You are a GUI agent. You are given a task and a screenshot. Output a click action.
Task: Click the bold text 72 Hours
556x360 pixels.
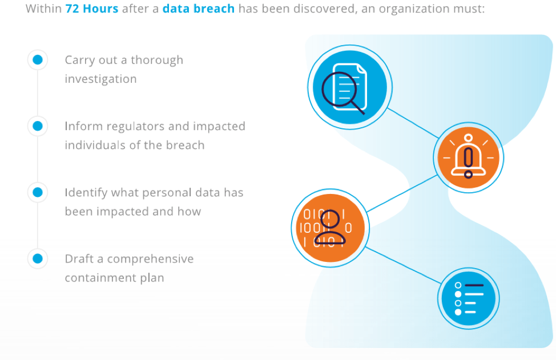click(91, 10)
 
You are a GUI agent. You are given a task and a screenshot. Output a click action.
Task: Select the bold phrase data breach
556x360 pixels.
click(198, 10)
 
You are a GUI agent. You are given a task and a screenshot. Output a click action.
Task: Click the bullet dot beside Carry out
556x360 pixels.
click(38, 60)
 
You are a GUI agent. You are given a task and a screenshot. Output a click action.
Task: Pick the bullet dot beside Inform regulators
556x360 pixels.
click(38, 126)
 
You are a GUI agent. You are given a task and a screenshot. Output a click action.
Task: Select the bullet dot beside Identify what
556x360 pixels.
click(38, 192)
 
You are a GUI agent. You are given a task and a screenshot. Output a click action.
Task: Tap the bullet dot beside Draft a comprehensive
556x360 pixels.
click(38, 258)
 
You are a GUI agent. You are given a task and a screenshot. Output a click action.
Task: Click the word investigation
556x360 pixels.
click(100, 79)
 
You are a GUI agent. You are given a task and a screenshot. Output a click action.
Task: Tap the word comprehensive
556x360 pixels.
click(150, 258)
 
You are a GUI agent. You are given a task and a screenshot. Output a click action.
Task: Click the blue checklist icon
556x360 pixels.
click(469, 298)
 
